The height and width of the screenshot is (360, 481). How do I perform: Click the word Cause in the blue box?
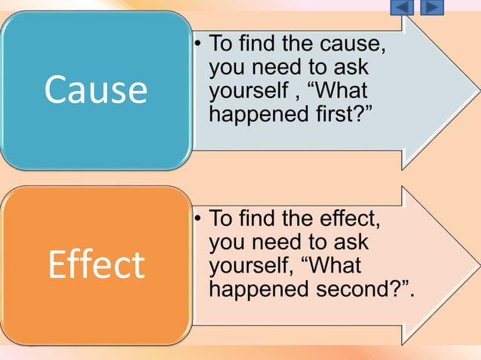coord(95,89)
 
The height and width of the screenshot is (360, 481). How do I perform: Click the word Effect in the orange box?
coord(95,264)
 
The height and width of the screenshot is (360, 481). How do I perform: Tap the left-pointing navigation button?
coord(402,8)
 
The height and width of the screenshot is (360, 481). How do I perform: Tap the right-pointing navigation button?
coord(430,8)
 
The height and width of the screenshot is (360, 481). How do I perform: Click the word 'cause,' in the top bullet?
coord(354,43)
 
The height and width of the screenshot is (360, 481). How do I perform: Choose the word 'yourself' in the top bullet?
coord(246,92)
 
